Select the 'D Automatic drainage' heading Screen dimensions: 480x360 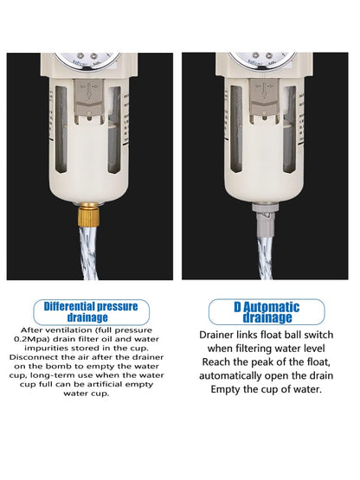(266, 311)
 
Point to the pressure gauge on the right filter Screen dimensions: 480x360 (262, 60)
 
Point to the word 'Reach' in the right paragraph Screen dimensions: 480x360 (221, 362)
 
